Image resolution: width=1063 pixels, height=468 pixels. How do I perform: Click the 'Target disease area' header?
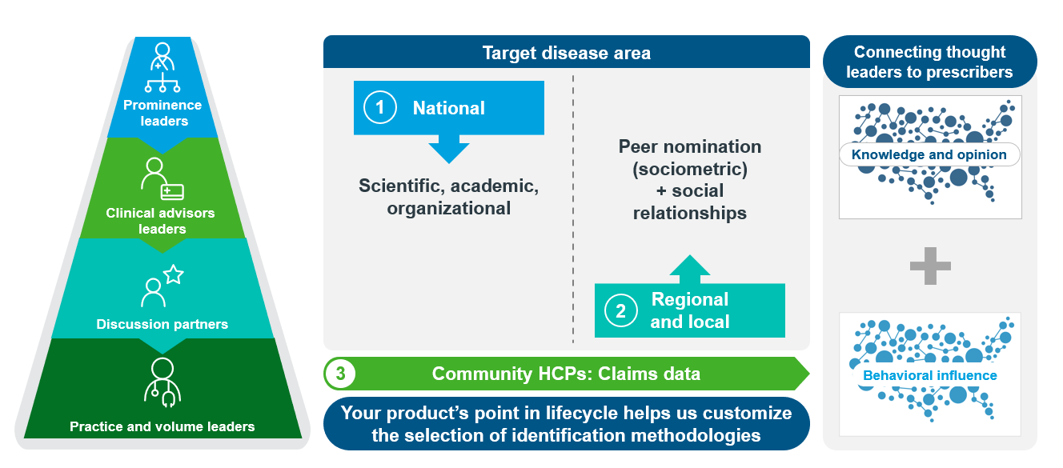pyautogui.click(x=566, y=54)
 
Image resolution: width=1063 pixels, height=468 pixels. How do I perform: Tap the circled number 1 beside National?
pyautogui.click(x=380, y=108)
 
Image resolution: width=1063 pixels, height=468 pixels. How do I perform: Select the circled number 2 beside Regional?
pyautogui.click(x=620, y=310)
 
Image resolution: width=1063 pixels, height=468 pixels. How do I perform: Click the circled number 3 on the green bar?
pyautogui.click(x=340, y=374)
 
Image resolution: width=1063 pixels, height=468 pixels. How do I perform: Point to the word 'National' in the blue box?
pyautogui.click(x=448, y=108)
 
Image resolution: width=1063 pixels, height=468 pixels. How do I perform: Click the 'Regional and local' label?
pyautogui.click(x=690, y=310)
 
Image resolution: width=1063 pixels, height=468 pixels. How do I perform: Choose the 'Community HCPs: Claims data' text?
pyautogui.click(x=566, y=374)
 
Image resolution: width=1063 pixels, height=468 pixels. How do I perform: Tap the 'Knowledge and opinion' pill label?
pyautogui.click(x=929, y=155)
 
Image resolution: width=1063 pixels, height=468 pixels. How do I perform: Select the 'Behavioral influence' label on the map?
pyautogui.click(x=929, y=375)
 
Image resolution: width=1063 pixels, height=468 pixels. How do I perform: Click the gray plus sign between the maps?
pyautogui.click(x=930, y=266)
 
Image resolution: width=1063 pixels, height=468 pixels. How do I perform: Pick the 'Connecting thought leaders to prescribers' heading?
pyautogui.click(x=929, y=62)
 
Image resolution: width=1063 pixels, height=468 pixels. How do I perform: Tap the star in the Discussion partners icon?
pyautogui.click(x=174, y=275)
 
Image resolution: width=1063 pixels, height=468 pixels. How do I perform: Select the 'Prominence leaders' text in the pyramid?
pyautogui.click(x=162, y=113)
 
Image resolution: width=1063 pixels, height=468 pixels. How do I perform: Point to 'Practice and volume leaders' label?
pyautogui.click(x=162, y=426)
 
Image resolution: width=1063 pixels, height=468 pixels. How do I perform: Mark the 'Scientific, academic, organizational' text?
pyautogui.click(x=449, y=197)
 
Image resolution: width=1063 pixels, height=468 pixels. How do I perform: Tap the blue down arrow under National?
pyautogui.click(x=449, y=150)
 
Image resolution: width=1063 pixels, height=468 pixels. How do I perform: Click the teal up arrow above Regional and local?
pyautogui.click(x=690, y=269)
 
